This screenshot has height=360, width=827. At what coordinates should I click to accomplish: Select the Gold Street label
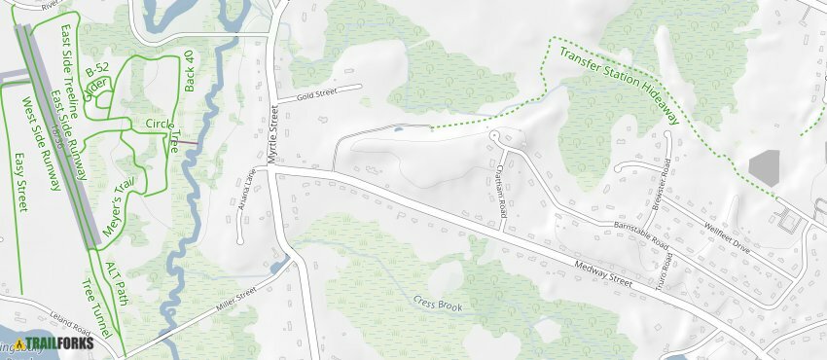tap(315, 94)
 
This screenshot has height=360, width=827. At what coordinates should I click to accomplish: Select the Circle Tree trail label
tap(161, 129)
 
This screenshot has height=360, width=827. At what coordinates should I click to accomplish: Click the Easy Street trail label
tap(20, 182)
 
